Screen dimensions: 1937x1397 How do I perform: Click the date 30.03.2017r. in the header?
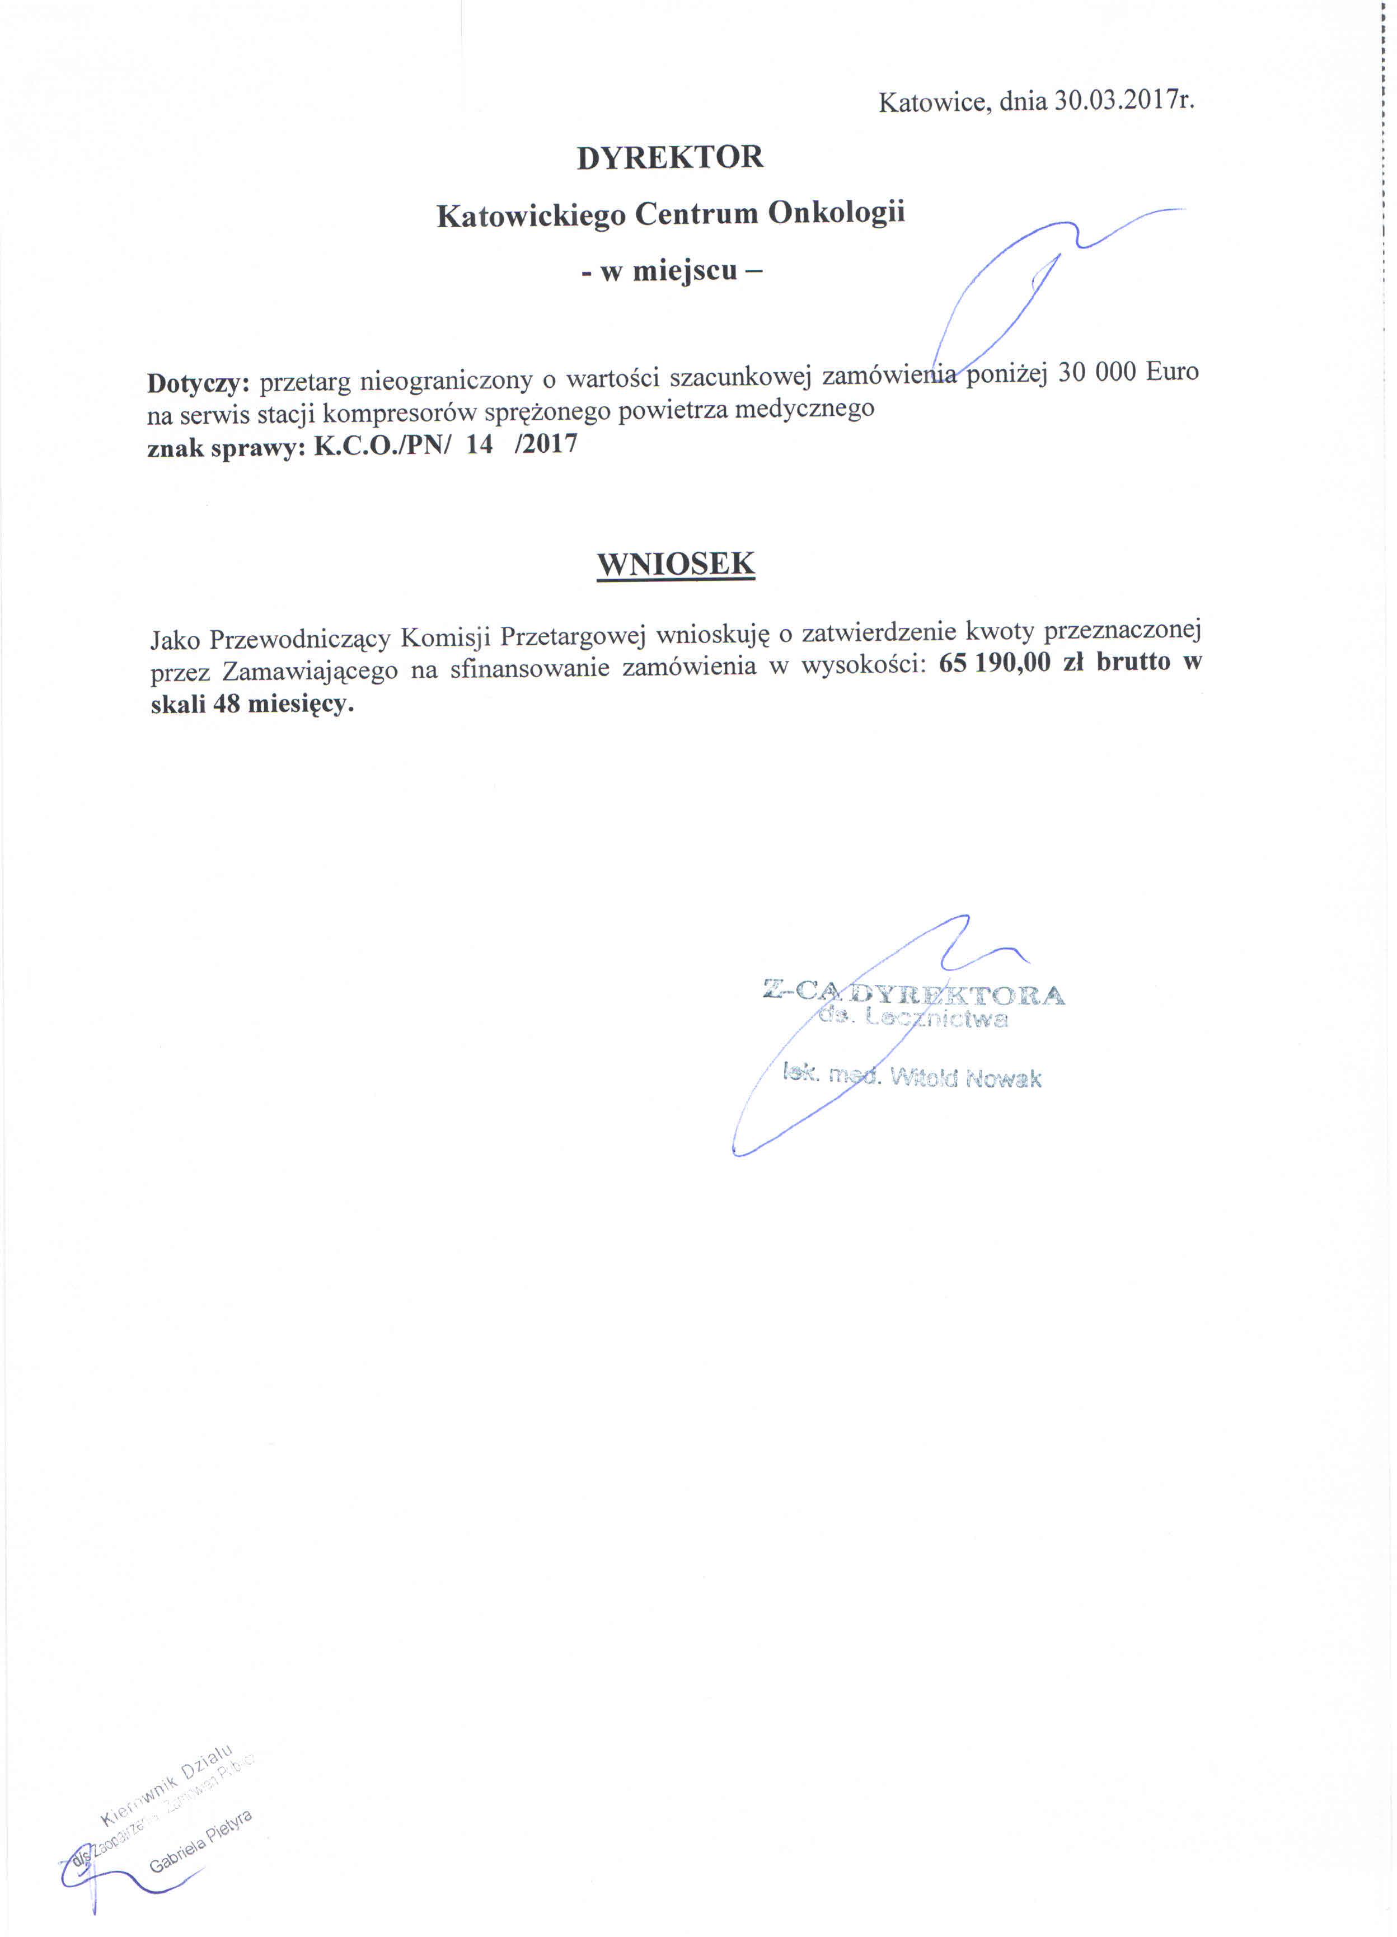click(x=1123, y=101)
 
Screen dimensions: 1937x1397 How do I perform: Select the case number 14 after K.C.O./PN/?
click(x=479, y=444)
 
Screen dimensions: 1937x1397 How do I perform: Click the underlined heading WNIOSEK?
click(x=676, y=565)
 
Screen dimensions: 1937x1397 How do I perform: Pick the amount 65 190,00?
click(x=994, y=663)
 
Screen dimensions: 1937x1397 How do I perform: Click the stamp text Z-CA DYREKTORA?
click(x=912, y=992)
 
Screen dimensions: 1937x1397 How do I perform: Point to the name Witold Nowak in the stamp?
click(x=965, y=1078)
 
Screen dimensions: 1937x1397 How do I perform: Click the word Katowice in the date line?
click(x=934, y=102)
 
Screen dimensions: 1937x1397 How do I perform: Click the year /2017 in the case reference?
click(x=546, y=444)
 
